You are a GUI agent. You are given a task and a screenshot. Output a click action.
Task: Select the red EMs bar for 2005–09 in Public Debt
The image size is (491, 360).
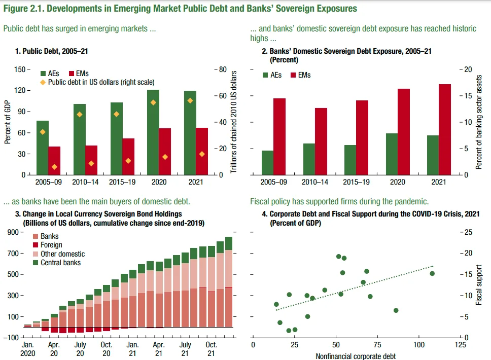pyautogui.click(x=55, y=161)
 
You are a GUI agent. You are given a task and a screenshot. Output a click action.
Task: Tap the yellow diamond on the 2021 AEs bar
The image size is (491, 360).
pyautogui.click(x=190, y=100)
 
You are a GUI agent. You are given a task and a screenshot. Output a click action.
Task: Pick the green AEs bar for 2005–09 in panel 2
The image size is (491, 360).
pyautogui.click(x=267, y=163)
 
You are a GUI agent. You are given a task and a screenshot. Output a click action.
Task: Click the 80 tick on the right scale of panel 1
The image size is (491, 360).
pyautogui.click(x=222, y=69)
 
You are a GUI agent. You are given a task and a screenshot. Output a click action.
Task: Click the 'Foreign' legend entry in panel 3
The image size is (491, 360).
pyautogui.click(x=51, y=245)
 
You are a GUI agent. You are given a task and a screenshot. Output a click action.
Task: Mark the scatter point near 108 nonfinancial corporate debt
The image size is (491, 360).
pyautogui.click(x=432, y=273)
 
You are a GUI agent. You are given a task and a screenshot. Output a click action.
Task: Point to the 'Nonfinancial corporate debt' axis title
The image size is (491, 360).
pyautogui.click(x=356, y=356)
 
